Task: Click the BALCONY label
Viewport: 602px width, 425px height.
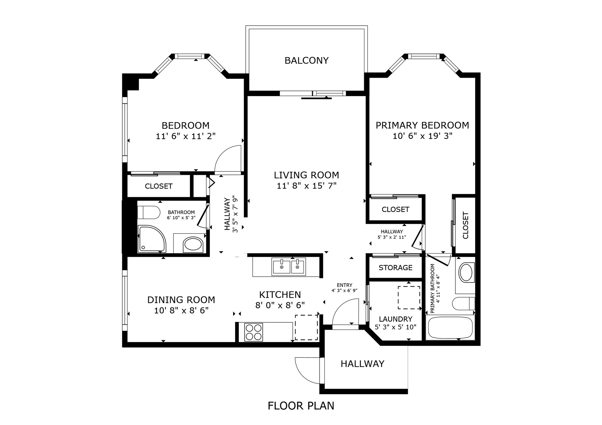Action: [x=306, y=60]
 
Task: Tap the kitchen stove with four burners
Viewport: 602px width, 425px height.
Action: [x=253, y=332]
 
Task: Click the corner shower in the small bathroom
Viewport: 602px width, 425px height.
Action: [x=151, y=239]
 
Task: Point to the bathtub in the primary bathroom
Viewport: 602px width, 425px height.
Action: [x=449, y=328]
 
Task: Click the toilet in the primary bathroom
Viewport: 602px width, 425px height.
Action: [x=463, y=303]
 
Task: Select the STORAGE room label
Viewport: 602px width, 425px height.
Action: [x=395, y=268]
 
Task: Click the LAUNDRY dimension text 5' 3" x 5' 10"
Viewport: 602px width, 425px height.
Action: [x=395, y=327]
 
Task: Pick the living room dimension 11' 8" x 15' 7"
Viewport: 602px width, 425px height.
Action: [x=307, y=186]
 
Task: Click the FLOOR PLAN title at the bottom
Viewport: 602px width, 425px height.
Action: [x=301, y=406]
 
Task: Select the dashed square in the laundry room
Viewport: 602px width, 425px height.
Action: [x=409, y=298]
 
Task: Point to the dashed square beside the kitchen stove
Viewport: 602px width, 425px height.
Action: [x=306, y=327]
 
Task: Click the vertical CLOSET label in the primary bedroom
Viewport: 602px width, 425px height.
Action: [x=465, y=225]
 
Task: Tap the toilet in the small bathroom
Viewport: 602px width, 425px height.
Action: [x=148, y=212]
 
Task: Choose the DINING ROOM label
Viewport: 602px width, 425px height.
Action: [x=181, y=300]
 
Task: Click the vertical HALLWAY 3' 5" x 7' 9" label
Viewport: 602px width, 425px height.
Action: [x=231, y=214]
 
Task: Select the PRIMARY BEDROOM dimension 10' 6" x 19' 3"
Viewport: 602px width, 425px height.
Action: [x=422, y=136]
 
